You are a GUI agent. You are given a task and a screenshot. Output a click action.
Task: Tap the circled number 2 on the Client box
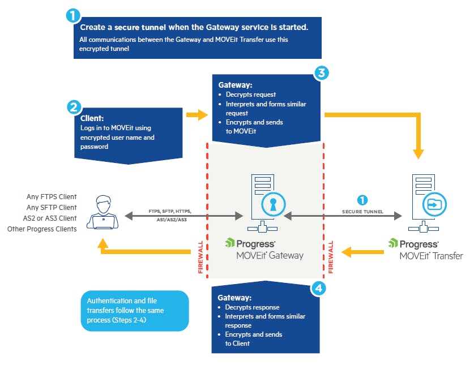72,107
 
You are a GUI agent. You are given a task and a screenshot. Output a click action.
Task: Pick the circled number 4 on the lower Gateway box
319,288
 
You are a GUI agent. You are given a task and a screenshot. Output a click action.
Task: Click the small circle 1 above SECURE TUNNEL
363,200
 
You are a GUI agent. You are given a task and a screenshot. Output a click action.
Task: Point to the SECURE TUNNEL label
362,211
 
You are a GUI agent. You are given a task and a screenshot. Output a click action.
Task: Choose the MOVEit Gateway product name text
270,255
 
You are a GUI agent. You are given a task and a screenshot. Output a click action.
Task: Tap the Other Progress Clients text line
42,229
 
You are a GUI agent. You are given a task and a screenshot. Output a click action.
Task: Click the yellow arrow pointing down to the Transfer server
419,150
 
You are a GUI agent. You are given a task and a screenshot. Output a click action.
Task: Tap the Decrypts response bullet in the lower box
248,307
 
